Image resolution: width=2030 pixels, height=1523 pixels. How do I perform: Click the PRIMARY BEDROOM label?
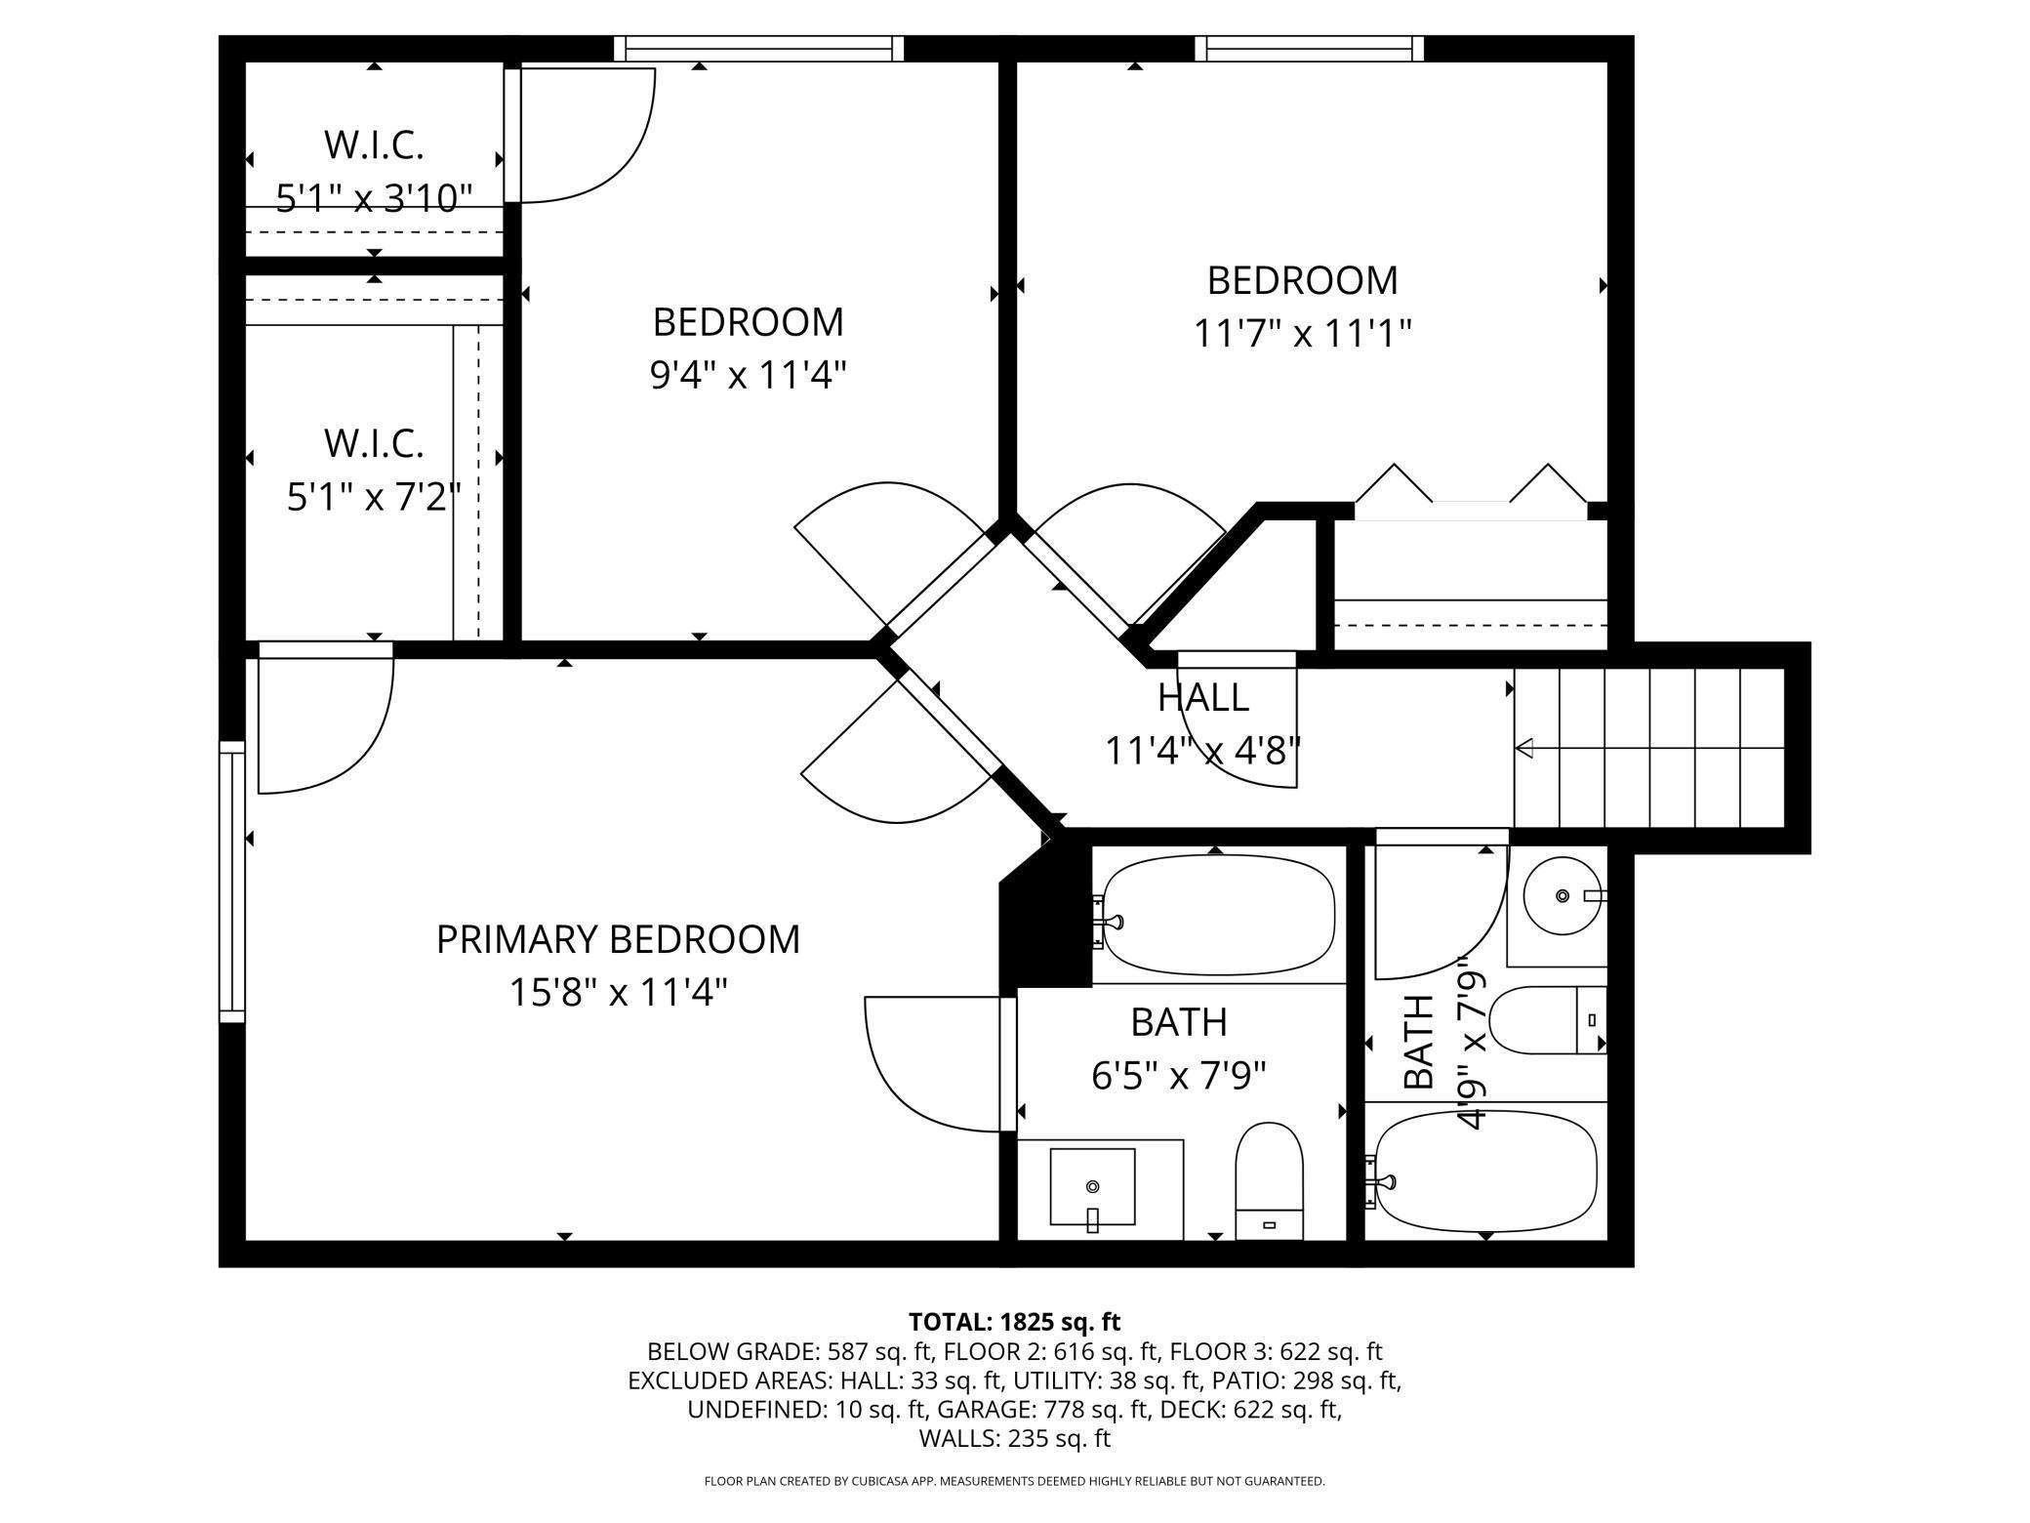(x=618, y=939)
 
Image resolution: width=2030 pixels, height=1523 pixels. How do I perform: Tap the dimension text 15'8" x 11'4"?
(x=619, y=993)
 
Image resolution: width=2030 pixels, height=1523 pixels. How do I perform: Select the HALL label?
(x=1202, y=697)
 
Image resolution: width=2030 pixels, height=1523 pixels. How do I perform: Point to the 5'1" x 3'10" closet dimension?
(x=374, y=198)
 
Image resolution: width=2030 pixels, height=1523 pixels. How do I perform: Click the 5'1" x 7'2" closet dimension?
(x=374, y=497)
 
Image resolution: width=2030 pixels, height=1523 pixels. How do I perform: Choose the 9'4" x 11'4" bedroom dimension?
(x=748, y=374)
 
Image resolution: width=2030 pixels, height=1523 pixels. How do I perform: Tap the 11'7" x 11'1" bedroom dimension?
(x=1303, y=334)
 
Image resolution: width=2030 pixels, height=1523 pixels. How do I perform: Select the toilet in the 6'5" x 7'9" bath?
(x=1269, y=1181)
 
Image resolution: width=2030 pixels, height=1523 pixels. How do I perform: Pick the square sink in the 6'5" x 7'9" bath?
(x=1092, y=1187)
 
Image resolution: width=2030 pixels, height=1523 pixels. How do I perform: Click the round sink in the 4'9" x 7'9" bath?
(x=1563, y=895)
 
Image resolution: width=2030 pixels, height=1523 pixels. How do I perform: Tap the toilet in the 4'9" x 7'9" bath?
(x=1548, y=1020)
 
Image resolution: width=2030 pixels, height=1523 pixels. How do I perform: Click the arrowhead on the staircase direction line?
(x=1523, y=749)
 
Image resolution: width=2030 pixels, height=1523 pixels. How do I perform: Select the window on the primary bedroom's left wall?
(x=231, y=882)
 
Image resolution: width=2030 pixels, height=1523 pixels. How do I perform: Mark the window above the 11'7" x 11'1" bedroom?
(x=1309, y=48)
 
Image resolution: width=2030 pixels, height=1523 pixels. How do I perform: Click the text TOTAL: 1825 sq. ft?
(x=1015, y=1322)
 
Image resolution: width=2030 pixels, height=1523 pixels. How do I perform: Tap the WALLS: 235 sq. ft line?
(x=1015, y=1438)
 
